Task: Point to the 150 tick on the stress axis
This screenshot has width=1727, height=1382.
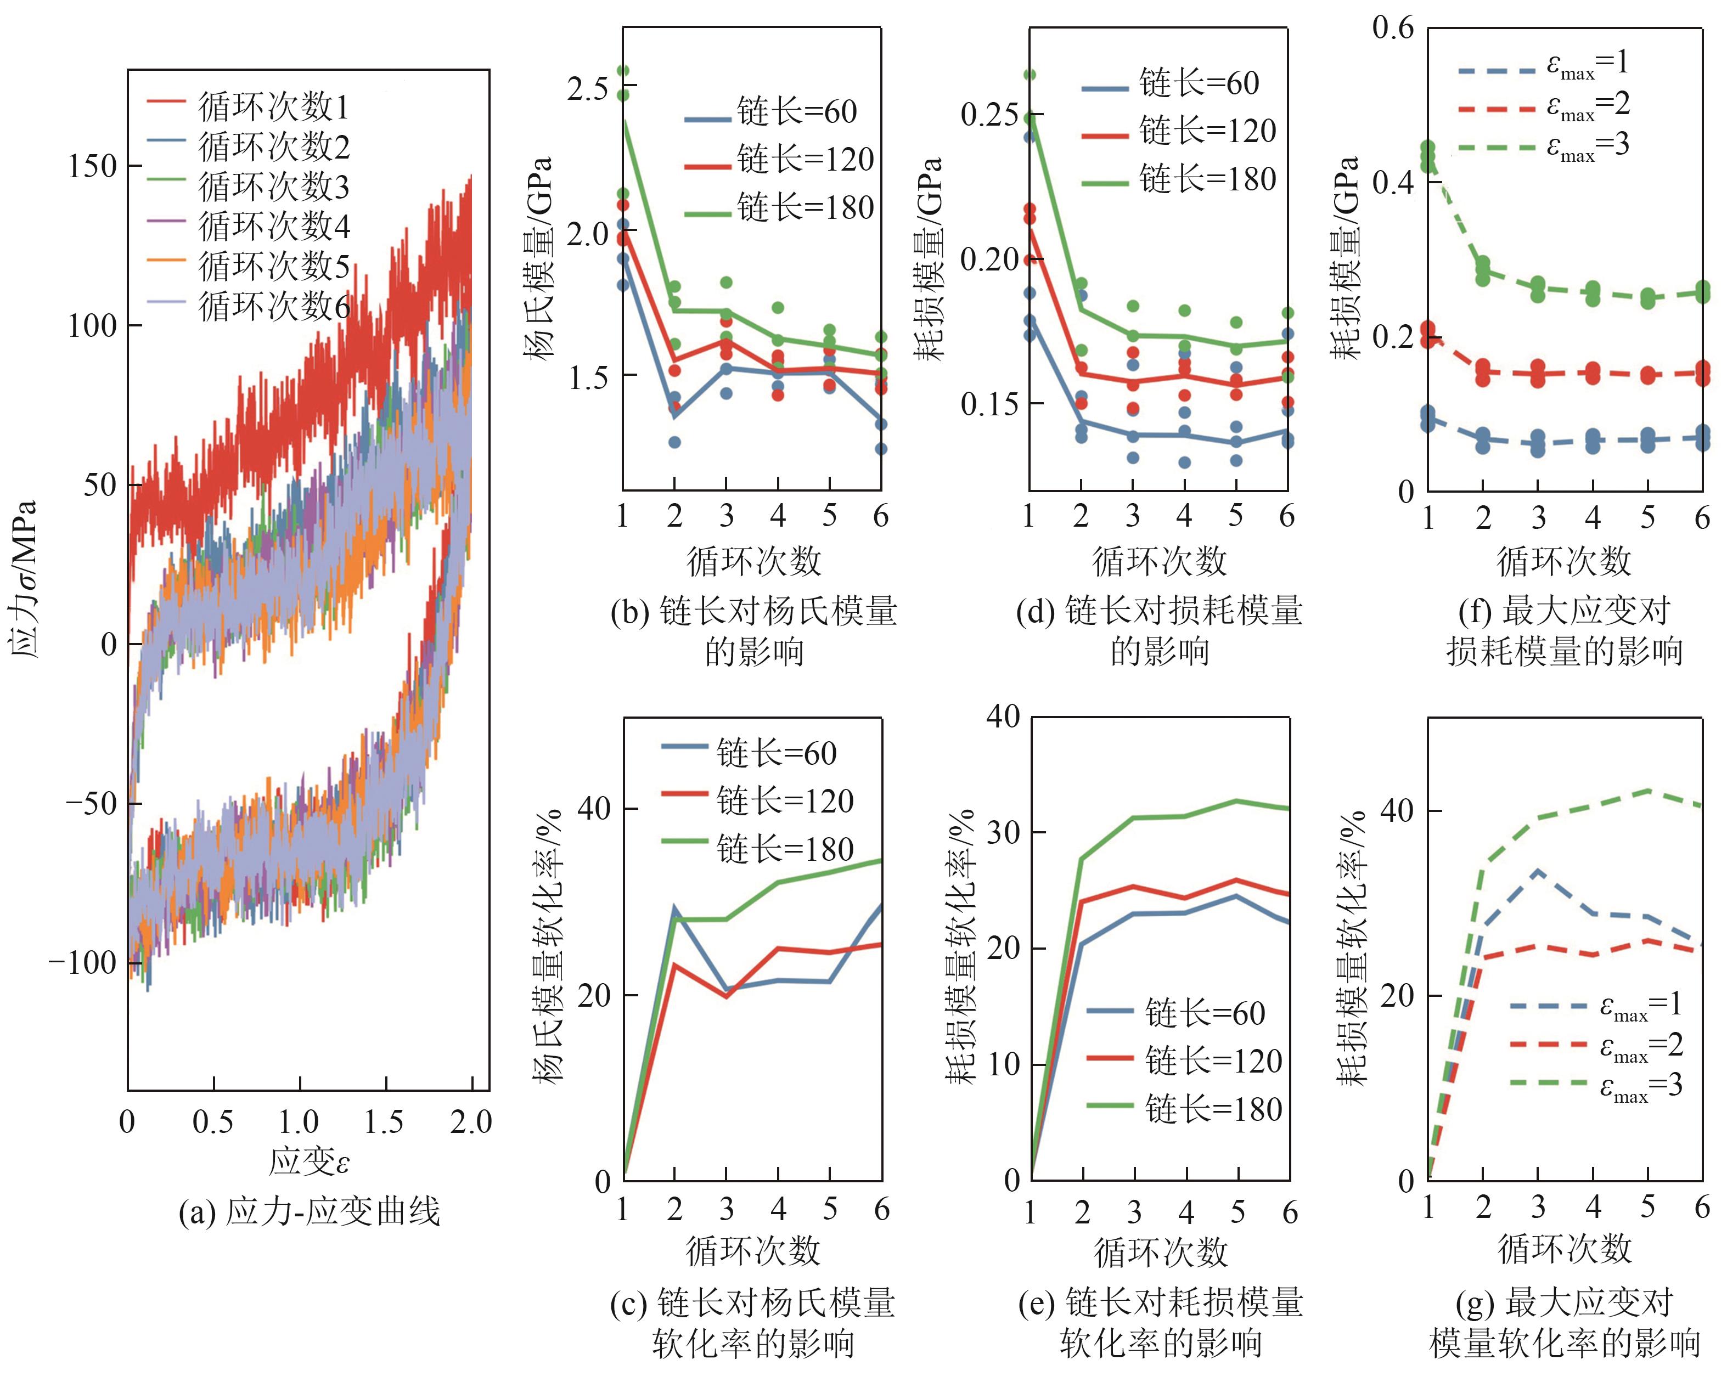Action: point(93,167)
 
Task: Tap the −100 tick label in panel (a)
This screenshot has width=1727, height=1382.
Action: point(82,962)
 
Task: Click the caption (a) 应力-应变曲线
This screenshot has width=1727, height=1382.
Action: point(309,1211)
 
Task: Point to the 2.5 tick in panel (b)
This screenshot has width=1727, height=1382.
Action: point(588,88)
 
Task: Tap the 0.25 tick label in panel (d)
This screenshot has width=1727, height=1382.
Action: point(989,115)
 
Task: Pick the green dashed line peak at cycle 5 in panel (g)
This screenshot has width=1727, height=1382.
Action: point(1647,790)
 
